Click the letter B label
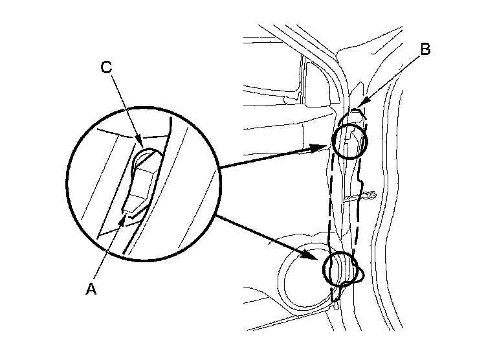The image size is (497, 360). click(x=425, y=49)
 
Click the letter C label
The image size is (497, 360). click(x=107, y=66)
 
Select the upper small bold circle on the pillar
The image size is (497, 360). click(x=350, y=141)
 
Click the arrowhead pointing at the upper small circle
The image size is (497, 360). click(x=326, y=148)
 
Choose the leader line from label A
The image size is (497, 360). click(x=107, y=253)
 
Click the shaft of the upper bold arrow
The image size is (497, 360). click(x=272, y=159)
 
